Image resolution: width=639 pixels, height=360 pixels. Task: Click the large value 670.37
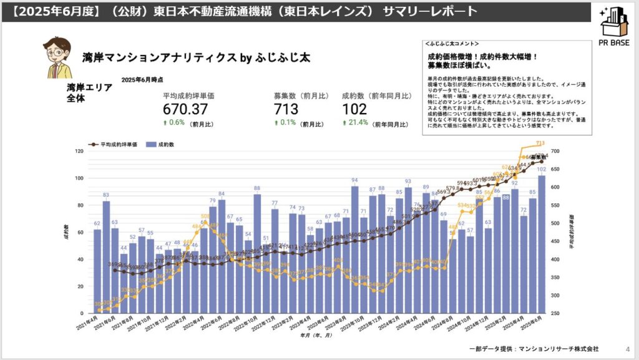pos(185,109)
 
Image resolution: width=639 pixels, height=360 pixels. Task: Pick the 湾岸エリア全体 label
pos(89,92)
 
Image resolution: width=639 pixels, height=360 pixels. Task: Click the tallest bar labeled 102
pos(541,243)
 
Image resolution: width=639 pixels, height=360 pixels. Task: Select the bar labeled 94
pos(354,249)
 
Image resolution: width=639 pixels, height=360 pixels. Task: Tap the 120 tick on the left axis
pos(79,151)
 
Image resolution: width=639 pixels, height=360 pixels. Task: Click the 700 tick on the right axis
pos(556,151)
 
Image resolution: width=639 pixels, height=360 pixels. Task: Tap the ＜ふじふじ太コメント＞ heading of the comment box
pos(451,44)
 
